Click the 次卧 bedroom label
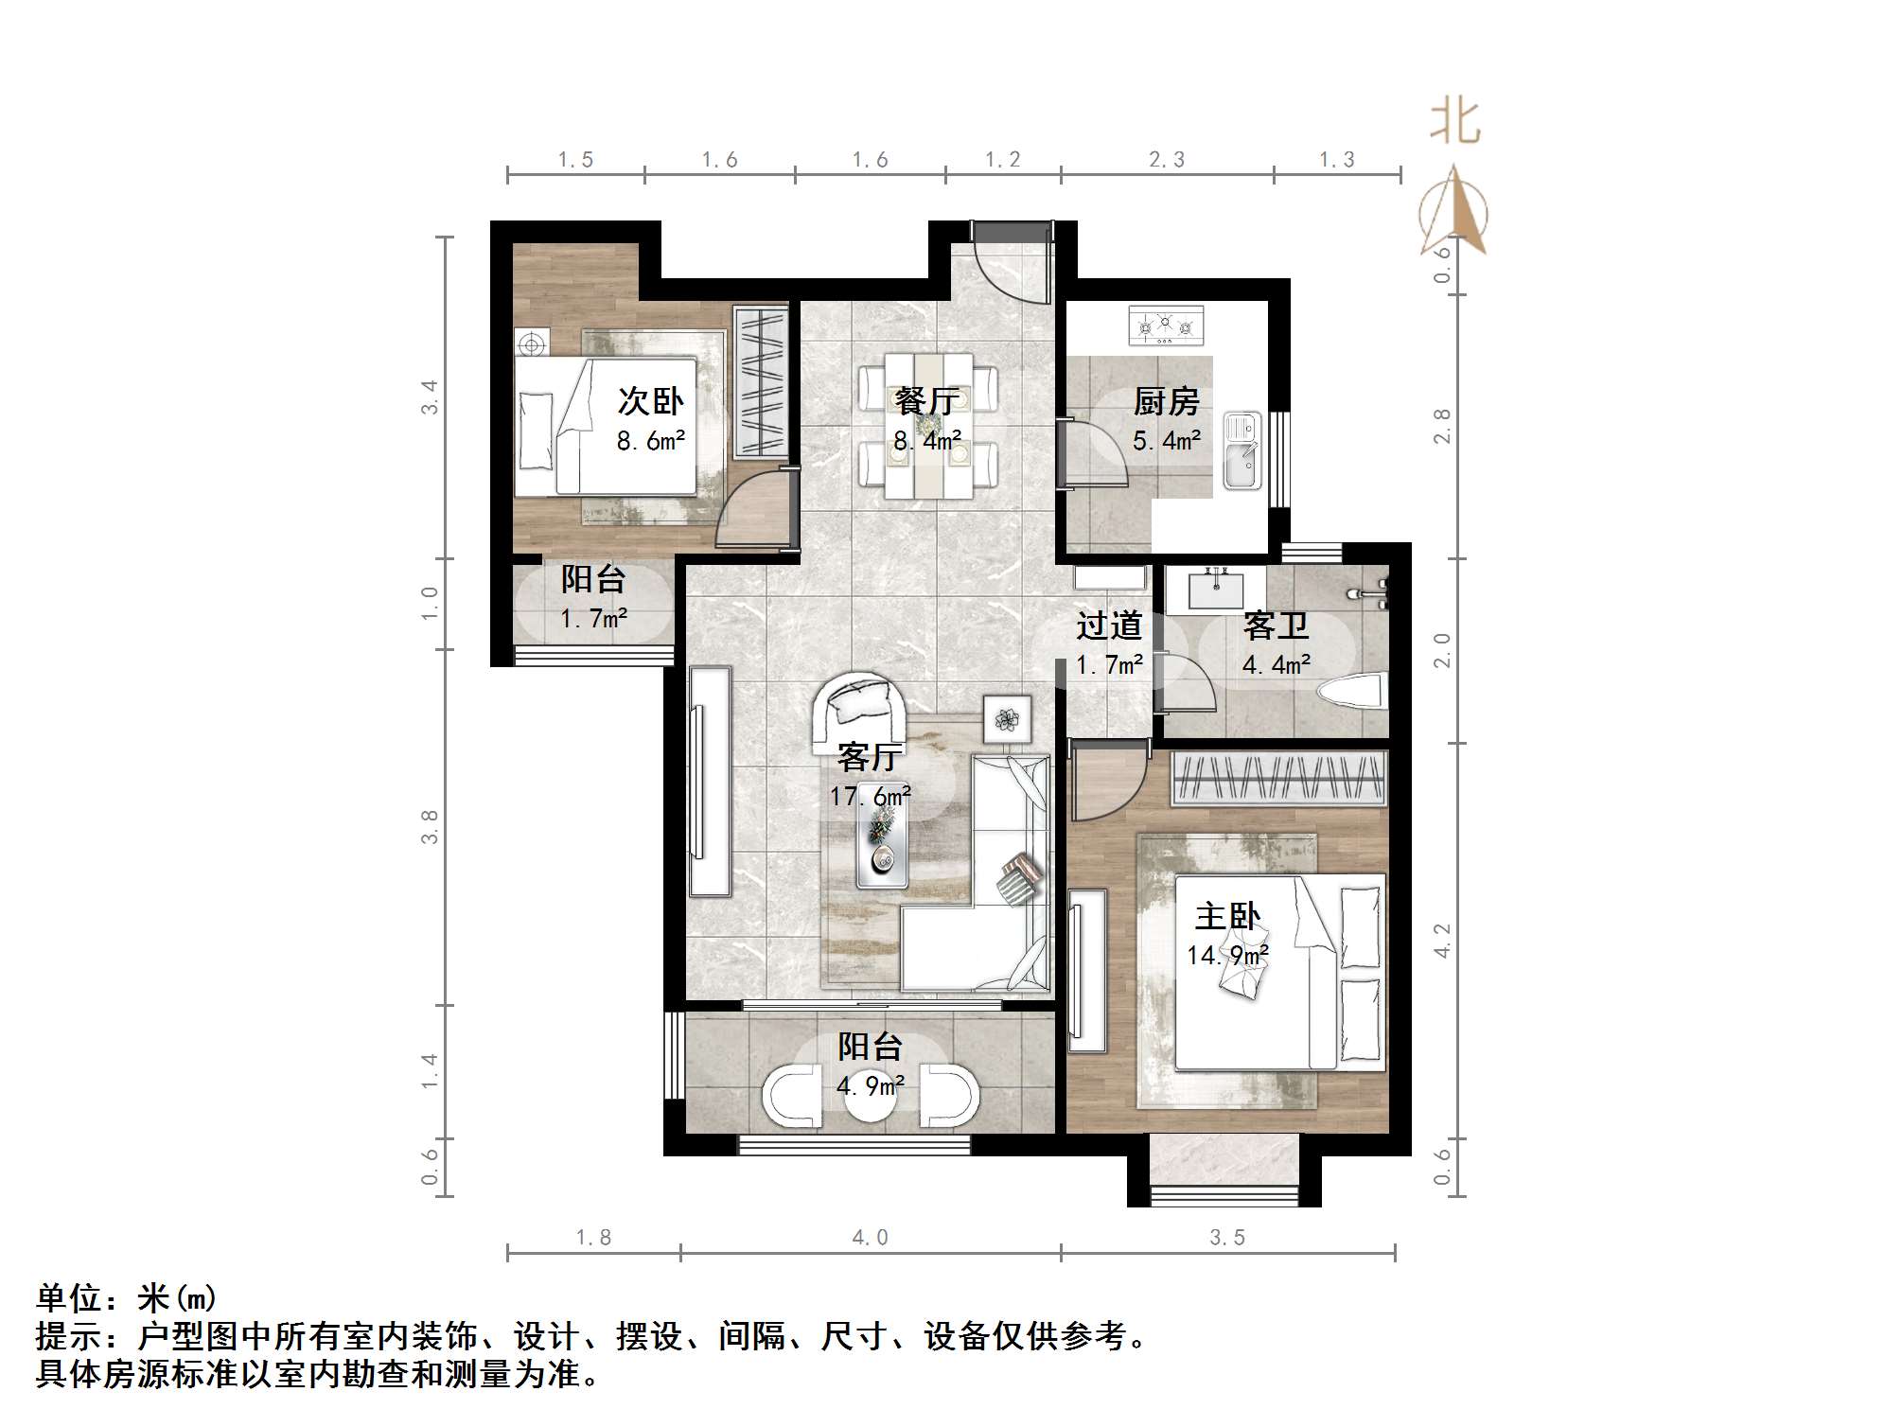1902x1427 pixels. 650,401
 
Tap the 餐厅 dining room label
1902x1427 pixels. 926,401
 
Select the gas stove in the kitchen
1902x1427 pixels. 1166,326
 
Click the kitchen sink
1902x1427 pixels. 1242,450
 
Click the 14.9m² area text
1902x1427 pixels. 1227,956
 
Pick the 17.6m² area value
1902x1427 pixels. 870,797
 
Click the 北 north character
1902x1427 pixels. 1454,123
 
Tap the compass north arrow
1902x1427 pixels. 1453,211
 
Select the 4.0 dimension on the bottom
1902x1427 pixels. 870,1238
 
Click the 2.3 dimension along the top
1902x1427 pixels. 1166,160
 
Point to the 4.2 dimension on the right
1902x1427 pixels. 1441,942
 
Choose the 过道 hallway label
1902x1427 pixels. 1109,626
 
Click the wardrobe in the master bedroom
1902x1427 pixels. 1279,778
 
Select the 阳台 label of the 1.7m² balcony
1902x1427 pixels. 593,579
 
